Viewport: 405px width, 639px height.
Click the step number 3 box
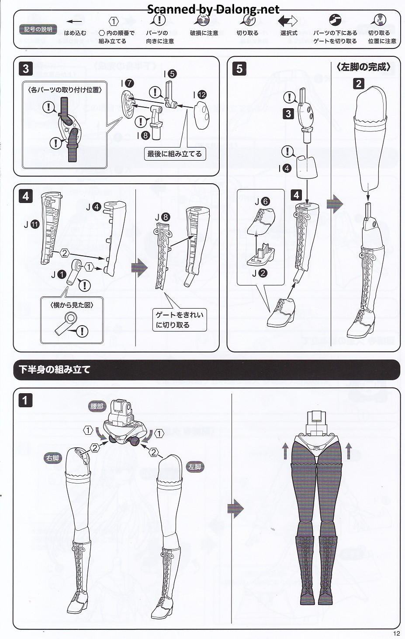point(26,69)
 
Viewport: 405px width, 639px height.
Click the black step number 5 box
point(239,69)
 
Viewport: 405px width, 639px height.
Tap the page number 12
point(397,633)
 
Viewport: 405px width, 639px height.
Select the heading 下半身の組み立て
point(55,370)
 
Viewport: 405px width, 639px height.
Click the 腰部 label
point(97,406)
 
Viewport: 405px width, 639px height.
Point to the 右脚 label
point(52,458)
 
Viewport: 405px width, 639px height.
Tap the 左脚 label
point(195,467)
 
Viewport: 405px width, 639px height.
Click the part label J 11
point(32,224)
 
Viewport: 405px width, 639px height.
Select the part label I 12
point(200,95)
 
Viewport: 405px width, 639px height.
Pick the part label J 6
point(262,202)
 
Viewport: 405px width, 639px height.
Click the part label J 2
point(260,273)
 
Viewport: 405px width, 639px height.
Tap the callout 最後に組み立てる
point(175,154)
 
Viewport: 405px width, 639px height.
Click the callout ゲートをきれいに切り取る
point(180,320)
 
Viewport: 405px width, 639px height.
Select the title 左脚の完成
point(363,67)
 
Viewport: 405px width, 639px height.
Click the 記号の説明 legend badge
point(38,29)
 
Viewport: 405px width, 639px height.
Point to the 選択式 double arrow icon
point(287,21)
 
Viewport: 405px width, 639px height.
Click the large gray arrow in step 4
point(139,268)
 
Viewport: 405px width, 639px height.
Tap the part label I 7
point(128,83)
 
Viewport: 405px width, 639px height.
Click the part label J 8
point(163,217)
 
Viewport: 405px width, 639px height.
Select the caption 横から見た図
point(72,305)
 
